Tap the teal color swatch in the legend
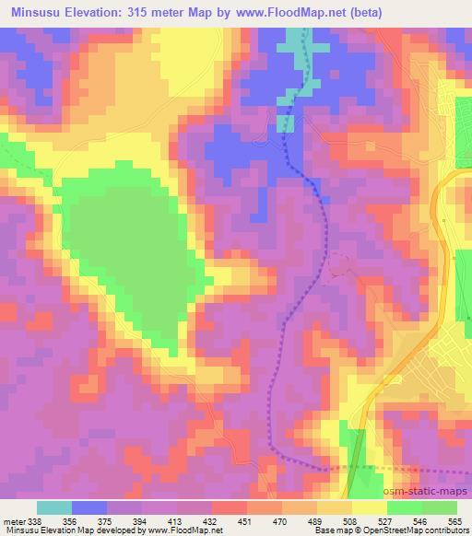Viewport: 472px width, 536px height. [53, 507]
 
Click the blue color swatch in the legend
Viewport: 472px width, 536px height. [88, 507]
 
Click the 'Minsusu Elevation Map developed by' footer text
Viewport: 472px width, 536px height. [74, 530]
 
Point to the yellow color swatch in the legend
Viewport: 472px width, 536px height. [368, 507]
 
